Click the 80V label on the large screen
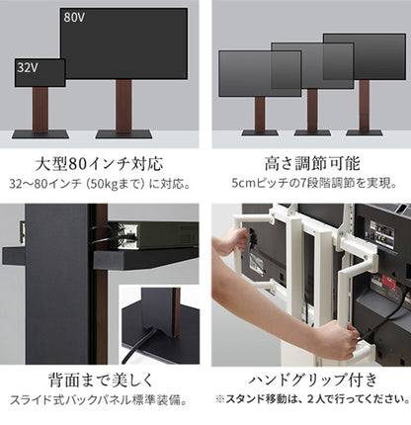click(x=75, y=18)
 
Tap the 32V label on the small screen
click(x=27, y=68)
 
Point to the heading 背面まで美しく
click(x=100, y=380)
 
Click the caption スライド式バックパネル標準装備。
click(x=100, y=400)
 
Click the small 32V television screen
click(x=40, y=72)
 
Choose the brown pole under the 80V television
click(x=124, y=104)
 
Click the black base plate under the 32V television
click(x=40, y=133)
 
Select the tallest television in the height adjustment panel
click(x=364, y=59)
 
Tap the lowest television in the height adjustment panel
click(x=259, y=72)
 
